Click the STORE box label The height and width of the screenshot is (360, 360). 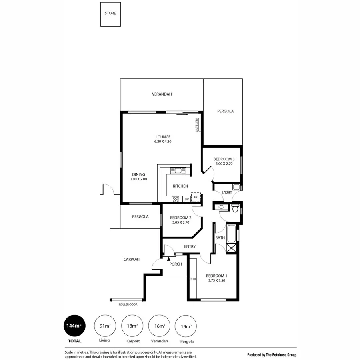[x=110, y=13]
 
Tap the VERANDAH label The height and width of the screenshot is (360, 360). [x=162, y=94]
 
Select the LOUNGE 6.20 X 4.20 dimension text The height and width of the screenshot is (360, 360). [x=163, y=142]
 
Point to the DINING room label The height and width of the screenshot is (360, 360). [x=138, y=174]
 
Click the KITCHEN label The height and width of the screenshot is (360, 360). [x=180, y=186]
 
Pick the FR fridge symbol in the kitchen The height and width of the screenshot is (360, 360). [x=196, y=198]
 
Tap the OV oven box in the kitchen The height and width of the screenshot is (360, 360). [x=186, y=199]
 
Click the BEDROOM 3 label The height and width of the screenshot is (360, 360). [x=224, y=159]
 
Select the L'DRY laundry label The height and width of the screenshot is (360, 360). [x=227, y=193]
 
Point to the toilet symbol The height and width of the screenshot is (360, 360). [x=235, y=208]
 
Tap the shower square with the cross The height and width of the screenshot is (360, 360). [x=232, y=248]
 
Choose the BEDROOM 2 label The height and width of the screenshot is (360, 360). [x=181, y=218]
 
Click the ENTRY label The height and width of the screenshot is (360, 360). [x=190, y=247]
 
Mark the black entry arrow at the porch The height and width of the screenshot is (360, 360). [x=168, y=260]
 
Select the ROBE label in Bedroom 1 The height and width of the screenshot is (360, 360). [x=193, y=279]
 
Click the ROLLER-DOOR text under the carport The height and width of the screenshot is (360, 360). [x=127, y=304]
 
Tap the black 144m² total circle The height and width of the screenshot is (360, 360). [x=72, y=326]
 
